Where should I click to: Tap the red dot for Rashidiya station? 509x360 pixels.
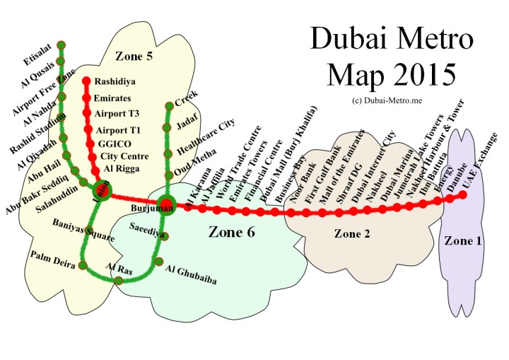click(x=87, y=81)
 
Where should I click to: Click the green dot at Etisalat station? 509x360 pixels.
click(x=61, y=45)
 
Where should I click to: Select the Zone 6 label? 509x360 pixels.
click(x=232, y=231)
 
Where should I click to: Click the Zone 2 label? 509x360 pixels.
click(x=351, y=233)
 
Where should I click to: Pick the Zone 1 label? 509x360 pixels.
click(x=462, y=241)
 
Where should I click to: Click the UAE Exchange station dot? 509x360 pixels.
click(x=463, y=195)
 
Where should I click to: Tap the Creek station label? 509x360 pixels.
click(x=187, y=98)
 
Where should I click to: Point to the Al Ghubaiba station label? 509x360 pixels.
click(x=190, y=275)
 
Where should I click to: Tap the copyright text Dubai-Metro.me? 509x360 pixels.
click(x=386, y=101)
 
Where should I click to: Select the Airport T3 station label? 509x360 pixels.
click(x=117, y=113)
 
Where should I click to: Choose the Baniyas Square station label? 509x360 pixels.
click(x=83, y=231)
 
